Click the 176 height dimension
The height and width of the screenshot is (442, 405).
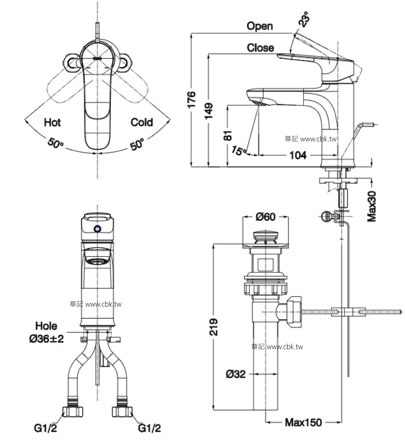coord(192,100)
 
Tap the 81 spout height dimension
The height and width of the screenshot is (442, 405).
coord(228,135)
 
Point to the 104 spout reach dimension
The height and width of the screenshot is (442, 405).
coord(298,155)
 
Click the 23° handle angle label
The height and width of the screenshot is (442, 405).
coord(304,18)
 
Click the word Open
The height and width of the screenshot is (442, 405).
coord(259,26)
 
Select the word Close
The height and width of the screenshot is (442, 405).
coord(260,48)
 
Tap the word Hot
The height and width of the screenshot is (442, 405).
coord(52,122)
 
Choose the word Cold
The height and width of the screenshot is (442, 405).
coord(142,122)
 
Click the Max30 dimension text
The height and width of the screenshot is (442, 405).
coord(372,206)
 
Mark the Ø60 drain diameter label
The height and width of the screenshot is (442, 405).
coord(266,217)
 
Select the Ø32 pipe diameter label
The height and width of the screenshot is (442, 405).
coord(236,374)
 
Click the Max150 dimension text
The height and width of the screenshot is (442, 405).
coord(303,422)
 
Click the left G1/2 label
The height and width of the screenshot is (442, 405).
coord(45,428)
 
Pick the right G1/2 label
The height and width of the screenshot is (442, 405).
coord(149,428)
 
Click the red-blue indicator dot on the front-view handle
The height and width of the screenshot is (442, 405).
coord(98,229)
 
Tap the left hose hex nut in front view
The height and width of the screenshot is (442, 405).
coord(73,412)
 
